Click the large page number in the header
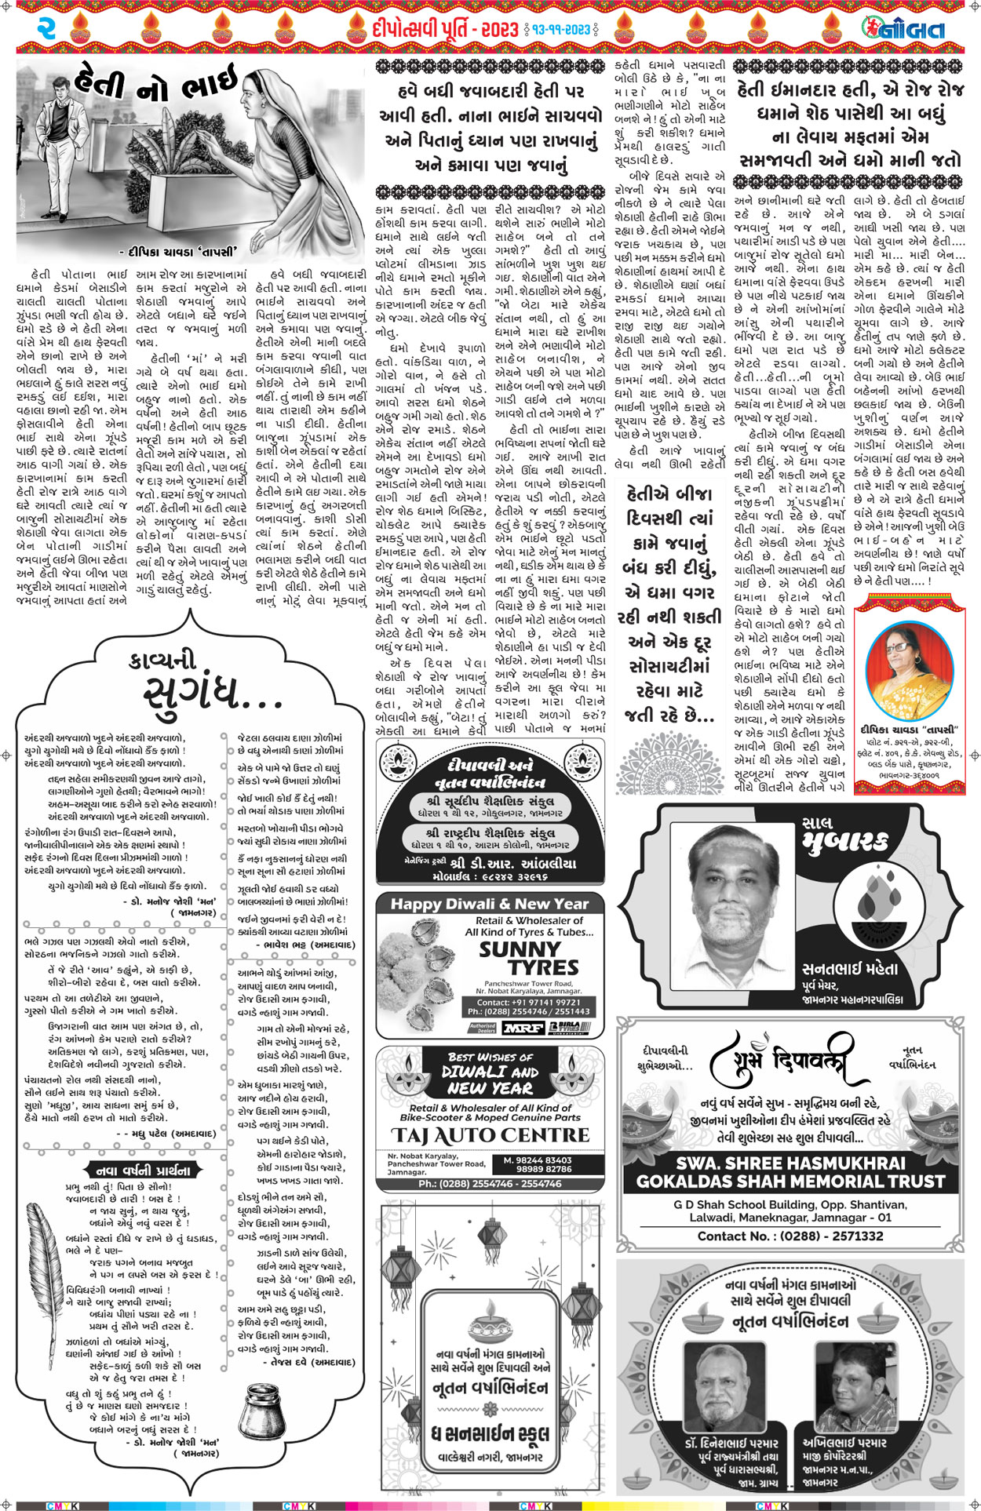[x=46, y=29]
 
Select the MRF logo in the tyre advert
[x=523, y=1028]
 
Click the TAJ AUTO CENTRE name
[x=491, y=1135]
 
